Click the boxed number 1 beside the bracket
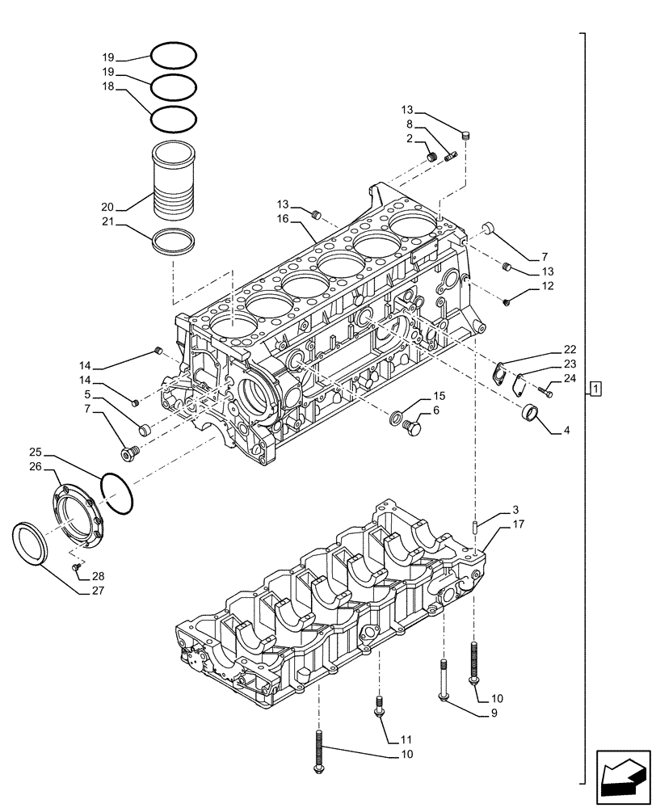point(595,389)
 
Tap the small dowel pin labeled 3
point(477,527)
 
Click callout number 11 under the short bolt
point(406,739)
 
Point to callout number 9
point(492,713)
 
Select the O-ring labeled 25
point(117,493)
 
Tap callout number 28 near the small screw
point(98,576)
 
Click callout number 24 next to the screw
point(570,378)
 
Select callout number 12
point(547,286)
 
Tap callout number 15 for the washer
point(439,396)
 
